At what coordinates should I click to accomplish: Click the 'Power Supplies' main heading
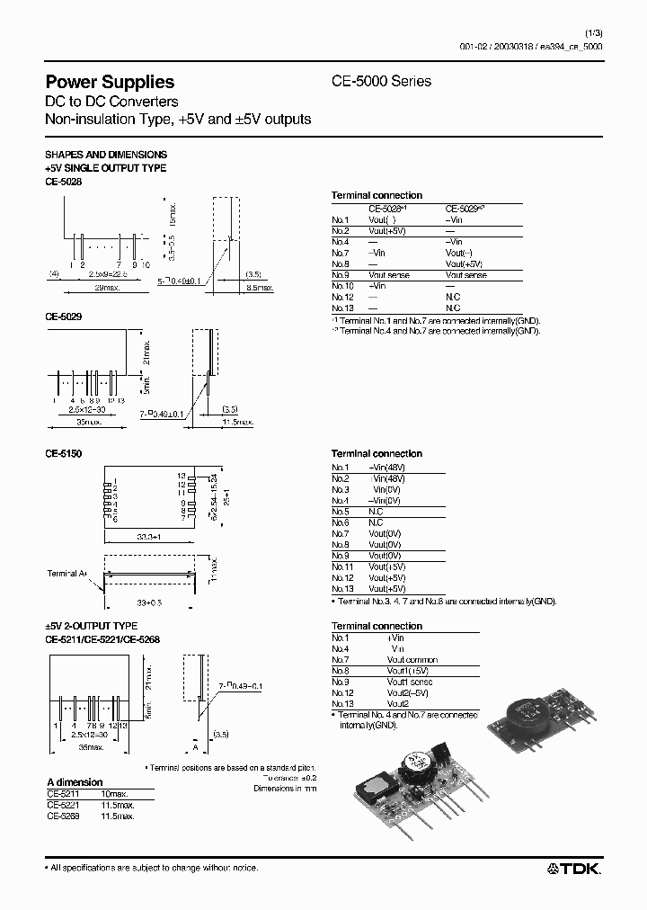click(x=110, y=82)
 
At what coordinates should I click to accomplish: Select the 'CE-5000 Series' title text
click(x=382, y=82)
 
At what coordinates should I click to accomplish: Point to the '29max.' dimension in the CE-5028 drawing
click(x=107, y=287)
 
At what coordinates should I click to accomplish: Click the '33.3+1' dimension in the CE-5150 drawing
click(x=147, y=538)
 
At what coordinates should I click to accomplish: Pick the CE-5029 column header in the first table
click(x=465, y=208)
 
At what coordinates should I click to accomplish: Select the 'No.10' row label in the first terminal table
click(x=342, y=285)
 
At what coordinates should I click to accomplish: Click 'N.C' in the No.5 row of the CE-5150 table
click(x=376, y=512)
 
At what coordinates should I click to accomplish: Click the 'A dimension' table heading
click(x=75, y=782)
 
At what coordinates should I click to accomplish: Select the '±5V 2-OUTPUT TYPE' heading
click(x=91, y=626)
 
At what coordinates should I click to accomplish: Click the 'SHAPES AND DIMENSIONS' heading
click(x=106, y=155)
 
